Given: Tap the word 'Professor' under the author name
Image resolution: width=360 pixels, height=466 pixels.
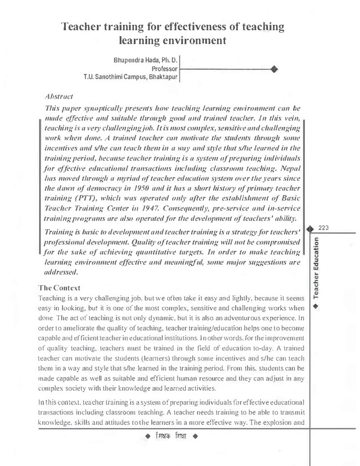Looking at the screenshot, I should [x=163, y=69].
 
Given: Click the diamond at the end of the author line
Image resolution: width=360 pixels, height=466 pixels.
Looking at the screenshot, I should [x=274, y=69].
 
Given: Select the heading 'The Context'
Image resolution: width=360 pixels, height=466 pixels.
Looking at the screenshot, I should [x=60, y=288].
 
